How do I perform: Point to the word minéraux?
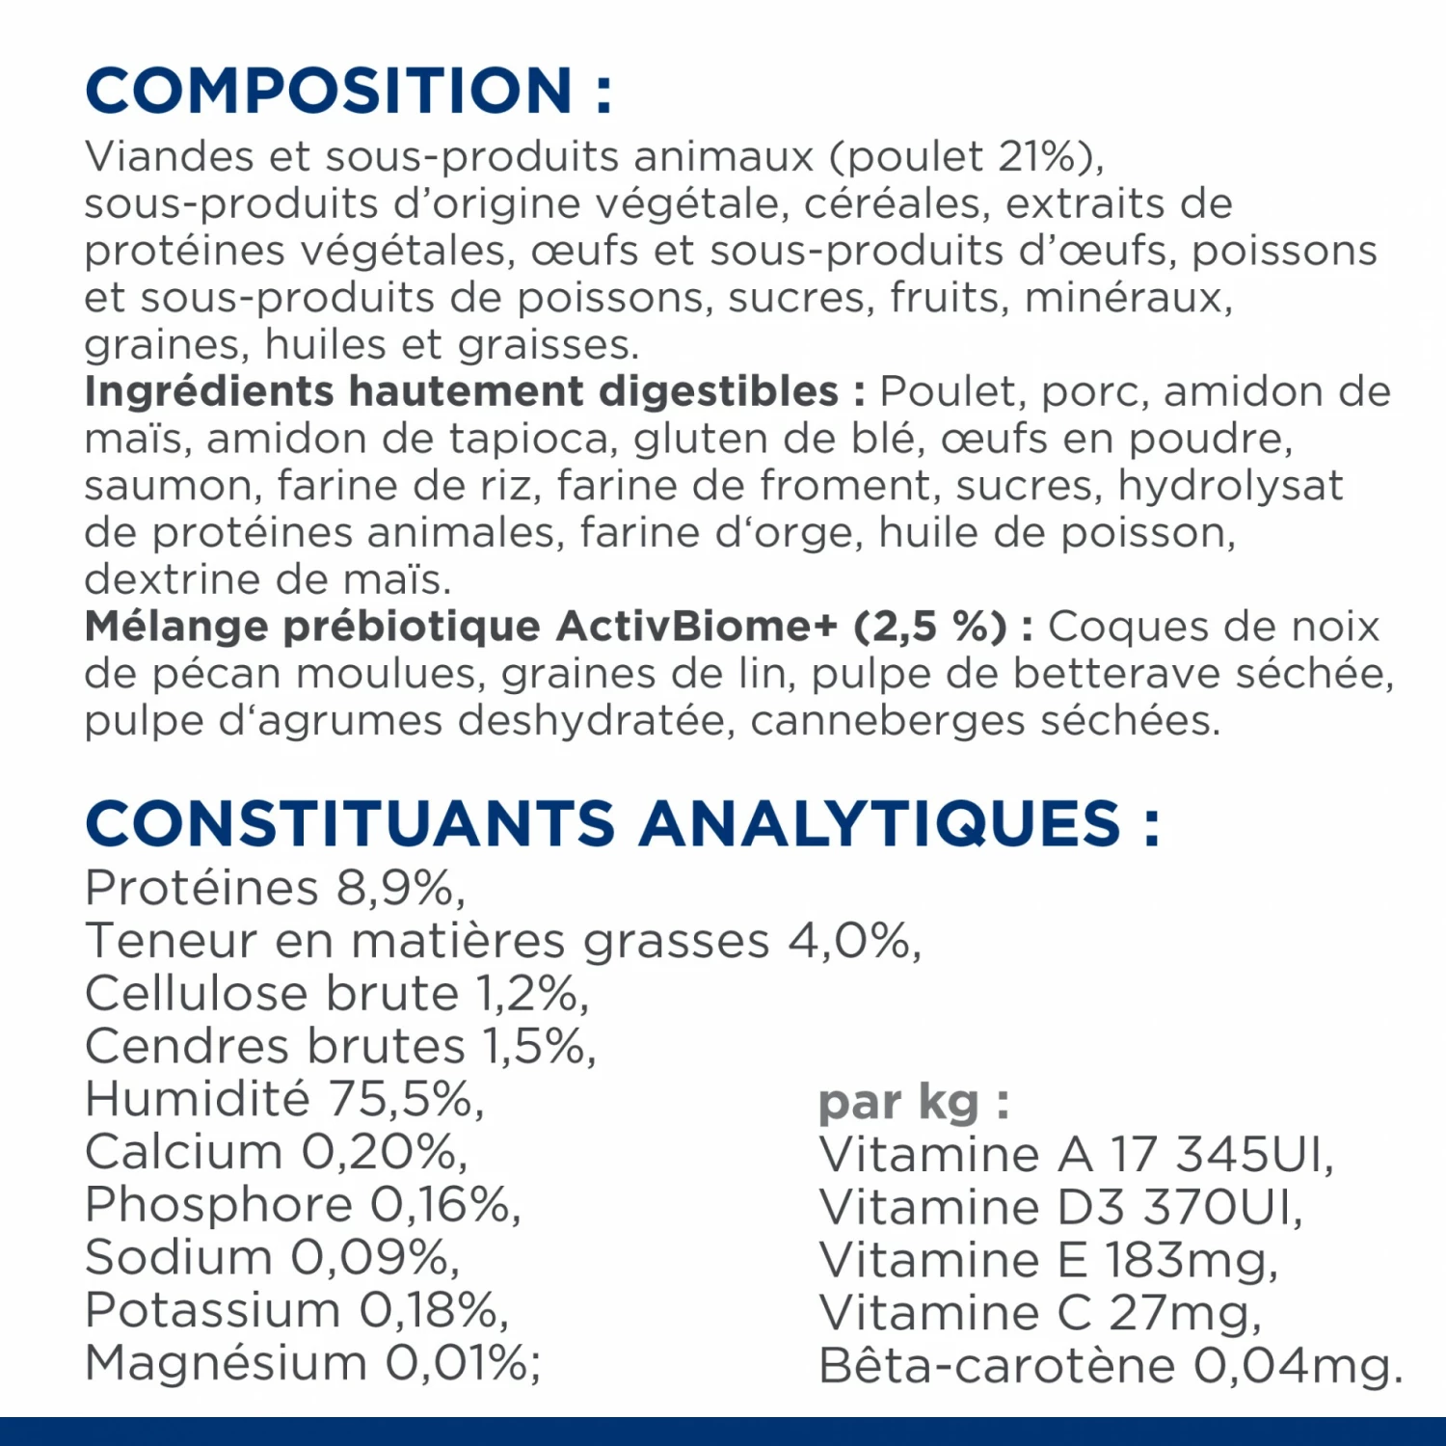pos(1128,298)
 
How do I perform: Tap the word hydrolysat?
pos(1230,487)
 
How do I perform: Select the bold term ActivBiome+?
pos(697,628)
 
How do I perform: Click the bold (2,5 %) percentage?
pos(930,628)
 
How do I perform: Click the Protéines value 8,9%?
pos(399,889)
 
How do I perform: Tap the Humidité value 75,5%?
pos(406,1100)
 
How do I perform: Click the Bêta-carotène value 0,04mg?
pos(1297,1367)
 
